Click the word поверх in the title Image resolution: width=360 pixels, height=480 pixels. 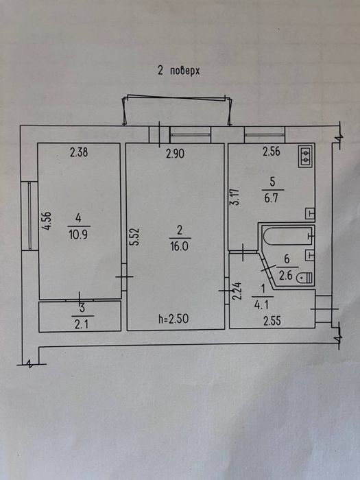(x=184, y=71)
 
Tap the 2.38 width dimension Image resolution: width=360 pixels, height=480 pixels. (x=79, y=152)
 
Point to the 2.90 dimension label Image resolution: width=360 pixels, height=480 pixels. (x=175, y=154)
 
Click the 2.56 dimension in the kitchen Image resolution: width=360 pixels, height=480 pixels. (x=272, y=152)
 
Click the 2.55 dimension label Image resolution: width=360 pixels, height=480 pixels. (x=272, y=322)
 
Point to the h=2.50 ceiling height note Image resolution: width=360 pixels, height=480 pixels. (x=173, y=320)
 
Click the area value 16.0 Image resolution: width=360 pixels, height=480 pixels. (x=180, y=246)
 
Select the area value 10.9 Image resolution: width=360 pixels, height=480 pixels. (x=79, y=235)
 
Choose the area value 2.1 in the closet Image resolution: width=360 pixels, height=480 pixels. (x=81, y=324)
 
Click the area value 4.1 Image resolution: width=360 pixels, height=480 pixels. (x=262, y=305)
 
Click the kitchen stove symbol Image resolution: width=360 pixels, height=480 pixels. (x=305, y=156)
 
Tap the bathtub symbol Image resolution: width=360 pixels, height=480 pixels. (x=287, y=236)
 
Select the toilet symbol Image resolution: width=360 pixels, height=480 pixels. (x=304, y=278)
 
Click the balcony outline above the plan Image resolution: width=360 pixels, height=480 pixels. (x=177, y=97)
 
